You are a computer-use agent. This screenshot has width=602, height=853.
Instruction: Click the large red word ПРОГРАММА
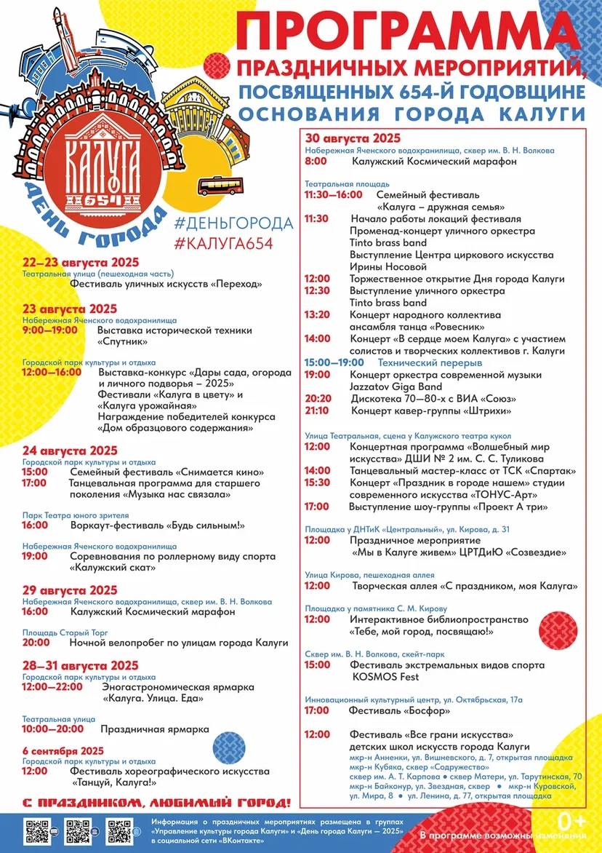click(412, 33)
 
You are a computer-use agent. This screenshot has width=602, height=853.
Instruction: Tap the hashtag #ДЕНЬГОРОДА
click(233, 223)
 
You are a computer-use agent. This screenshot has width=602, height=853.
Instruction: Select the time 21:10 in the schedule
click(318, 411)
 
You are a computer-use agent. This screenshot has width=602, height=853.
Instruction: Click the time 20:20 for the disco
click(318, 399)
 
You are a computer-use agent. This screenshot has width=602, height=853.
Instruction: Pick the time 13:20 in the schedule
click(317, 315)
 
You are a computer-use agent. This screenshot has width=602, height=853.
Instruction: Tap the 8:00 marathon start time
click(316, 162)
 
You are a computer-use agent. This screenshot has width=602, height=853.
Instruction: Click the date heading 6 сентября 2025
click(63, 750)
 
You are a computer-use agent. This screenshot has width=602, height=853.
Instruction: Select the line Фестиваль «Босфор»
click(399, 710)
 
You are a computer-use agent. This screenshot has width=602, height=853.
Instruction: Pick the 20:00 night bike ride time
click(36, 643)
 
